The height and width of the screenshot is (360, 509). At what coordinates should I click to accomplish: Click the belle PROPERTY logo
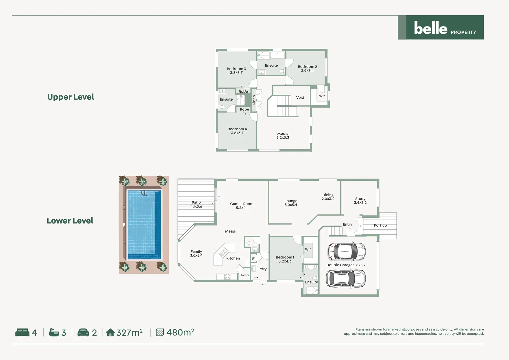click(x=441, y=28)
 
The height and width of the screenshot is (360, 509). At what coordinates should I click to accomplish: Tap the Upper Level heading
click(x=71, y=97)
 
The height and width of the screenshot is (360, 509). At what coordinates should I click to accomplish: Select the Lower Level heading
click(x=70, y=221)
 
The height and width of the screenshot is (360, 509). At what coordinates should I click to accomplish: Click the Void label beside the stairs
click(x=300, y=98)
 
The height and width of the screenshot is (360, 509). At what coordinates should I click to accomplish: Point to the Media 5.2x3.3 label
click(x=283, y=135)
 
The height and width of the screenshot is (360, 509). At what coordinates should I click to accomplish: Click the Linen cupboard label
click(x=254, y=100)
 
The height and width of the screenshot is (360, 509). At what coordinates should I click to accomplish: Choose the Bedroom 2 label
click(x=307, y=69)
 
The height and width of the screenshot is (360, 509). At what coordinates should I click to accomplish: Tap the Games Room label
click(x=242, y=206)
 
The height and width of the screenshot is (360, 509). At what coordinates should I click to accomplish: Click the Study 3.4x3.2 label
click(x=360, y=201)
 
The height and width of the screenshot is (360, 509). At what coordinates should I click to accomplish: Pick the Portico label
click(x=380, y=226)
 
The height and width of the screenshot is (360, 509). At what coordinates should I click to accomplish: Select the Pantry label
click(x=245, y=275)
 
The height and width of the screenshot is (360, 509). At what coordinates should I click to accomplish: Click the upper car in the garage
click(x=347, y=251)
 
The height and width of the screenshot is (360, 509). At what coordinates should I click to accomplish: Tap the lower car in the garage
click(x=346, y=279)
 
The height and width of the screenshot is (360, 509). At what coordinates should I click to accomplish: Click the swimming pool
click(x=144, y=224)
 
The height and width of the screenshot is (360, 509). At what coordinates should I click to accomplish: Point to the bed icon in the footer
click(x=22, y=332)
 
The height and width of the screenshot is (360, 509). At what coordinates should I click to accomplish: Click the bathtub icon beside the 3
click(x=54, y=332)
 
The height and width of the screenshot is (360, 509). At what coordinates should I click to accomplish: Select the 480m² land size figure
click(x=180, y=332)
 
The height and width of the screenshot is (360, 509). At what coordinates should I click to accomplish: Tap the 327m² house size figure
click(x=129, y=332)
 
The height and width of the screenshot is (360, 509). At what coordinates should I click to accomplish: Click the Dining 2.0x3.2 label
click(x=328, y=197)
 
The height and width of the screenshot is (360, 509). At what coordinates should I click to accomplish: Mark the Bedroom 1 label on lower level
click(x=285, y=259)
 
